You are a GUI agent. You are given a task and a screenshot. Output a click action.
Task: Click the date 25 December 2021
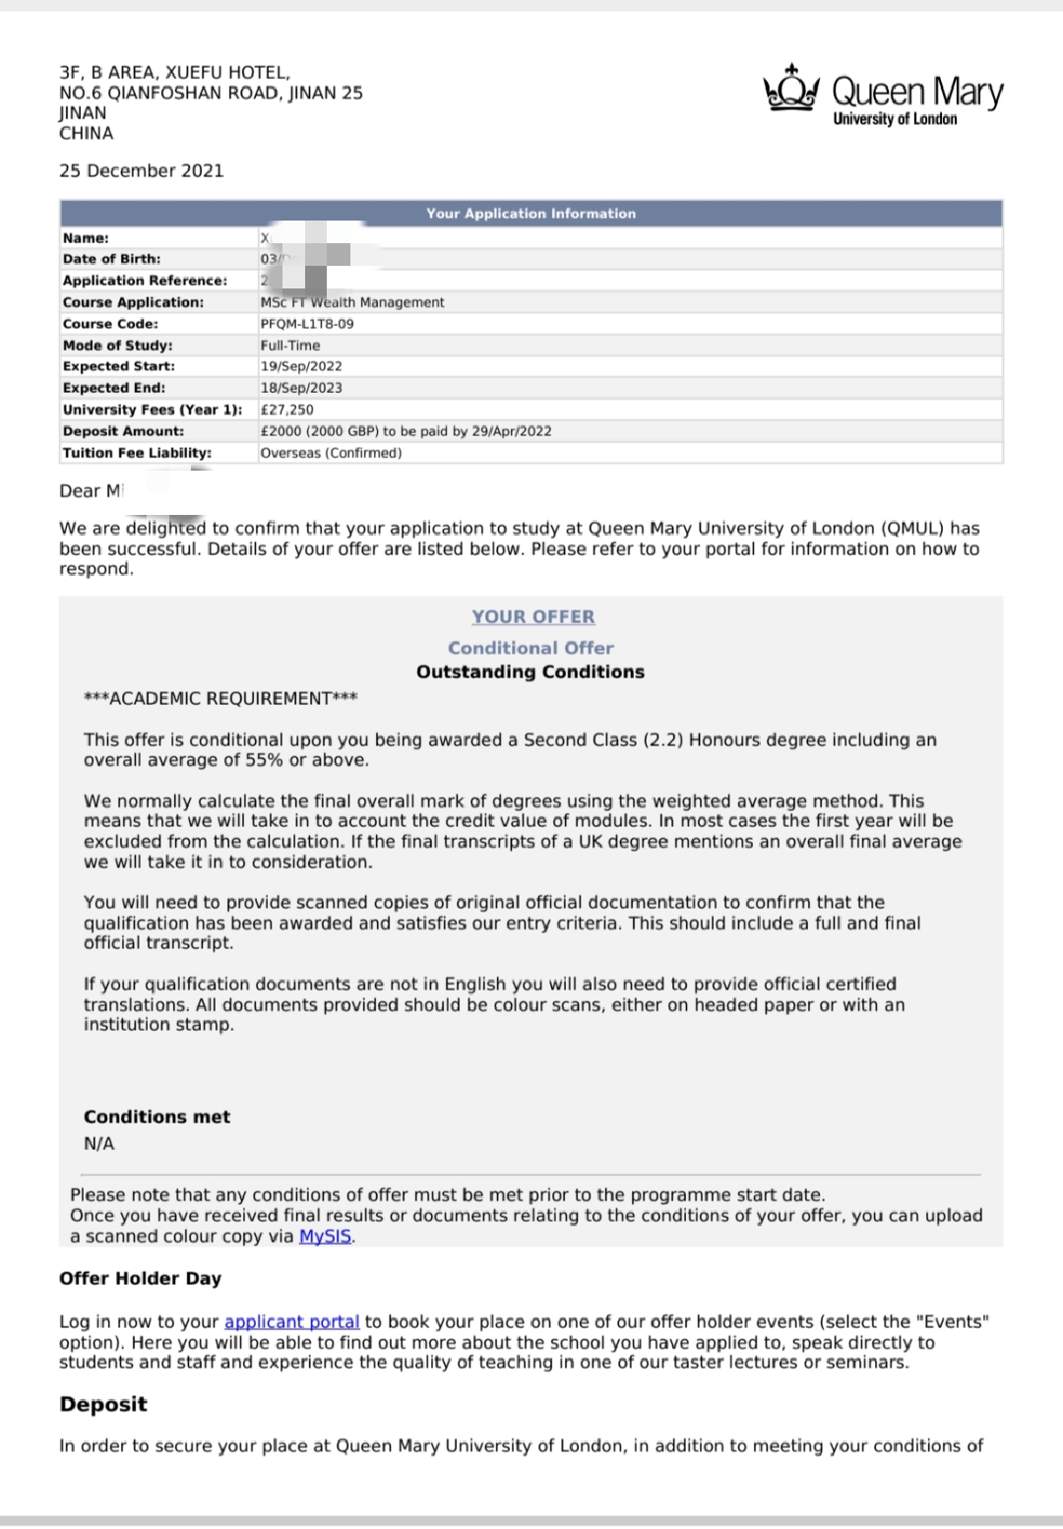141,170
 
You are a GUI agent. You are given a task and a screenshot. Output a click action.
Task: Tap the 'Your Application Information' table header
531,213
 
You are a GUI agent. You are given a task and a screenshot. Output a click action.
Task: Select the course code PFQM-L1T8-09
307,324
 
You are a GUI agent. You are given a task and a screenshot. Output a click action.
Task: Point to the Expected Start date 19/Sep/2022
301,366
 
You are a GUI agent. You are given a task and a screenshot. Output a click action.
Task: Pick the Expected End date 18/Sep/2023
301,388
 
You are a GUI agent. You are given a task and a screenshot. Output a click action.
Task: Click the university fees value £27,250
287,410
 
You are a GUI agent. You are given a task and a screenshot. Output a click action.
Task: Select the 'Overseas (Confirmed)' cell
331,453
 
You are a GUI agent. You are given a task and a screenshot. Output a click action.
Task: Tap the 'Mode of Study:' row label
117,346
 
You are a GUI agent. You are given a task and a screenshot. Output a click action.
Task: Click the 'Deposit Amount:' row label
123,431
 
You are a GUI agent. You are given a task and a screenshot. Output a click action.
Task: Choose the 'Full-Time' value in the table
290,346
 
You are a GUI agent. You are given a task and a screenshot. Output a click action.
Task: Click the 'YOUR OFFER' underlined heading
532,616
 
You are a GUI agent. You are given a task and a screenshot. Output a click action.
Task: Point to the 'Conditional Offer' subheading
531,648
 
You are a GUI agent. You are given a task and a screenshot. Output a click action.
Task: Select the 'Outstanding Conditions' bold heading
531,671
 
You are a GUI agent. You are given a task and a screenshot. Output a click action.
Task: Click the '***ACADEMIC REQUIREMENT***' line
220,698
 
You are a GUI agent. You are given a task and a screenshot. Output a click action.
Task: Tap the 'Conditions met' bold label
156,1116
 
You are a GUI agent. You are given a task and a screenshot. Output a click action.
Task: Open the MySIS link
325,1237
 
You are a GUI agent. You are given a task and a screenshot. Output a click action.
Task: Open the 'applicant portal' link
291,1321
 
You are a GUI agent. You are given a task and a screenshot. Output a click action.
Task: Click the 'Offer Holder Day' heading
140,1278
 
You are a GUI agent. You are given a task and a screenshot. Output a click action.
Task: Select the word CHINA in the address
86,133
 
